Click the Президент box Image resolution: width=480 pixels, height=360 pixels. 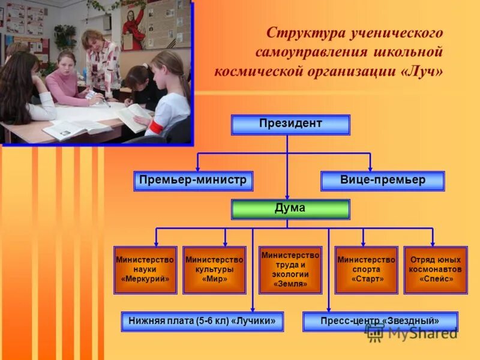[290, 125]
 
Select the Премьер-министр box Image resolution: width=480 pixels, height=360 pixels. [193, 181]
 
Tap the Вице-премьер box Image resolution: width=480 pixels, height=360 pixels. [383, 181]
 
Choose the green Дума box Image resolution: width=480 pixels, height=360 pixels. [290, 209]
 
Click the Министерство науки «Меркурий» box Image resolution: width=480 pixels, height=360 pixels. [145, 269]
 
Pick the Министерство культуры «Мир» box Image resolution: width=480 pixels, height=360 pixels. [214, 269]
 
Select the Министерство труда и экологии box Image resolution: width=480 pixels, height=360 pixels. [290, 269]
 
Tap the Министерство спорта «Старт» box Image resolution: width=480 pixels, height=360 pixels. [366, 269]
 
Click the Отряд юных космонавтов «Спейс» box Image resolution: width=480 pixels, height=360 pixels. [436, 269]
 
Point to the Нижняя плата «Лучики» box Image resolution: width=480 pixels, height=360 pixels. [202, 322]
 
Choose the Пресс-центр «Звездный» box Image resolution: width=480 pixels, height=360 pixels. [380, 322]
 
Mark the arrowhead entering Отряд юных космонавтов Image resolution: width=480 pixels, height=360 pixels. [433, 242]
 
